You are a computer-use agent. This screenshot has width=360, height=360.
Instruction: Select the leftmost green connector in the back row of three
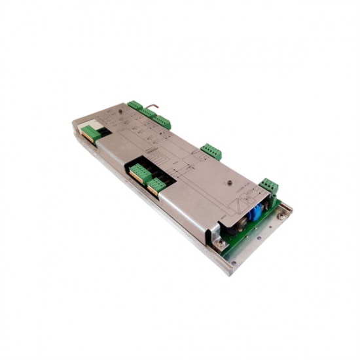pyautogui.click(x=135, y=105)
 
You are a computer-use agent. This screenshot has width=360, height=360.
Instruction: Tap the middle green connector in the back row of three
pyautogui.click(x=148, y=113)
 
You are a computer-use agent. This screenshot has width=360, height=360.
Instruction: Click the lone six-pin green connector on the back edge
pyautogui.click(x=211, y=151)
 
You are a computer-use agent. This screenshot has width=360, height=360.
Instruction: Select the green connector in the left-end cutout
pyautogui.click(x=91, y=134)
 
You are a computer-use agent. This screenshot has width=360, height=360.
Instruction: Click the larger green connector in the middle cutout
pyautogui.click(x=139, y=173)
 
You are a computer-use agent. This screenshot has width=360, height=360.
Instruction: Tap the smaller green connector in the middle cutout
pyautogui.click(x=156, y=186)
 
